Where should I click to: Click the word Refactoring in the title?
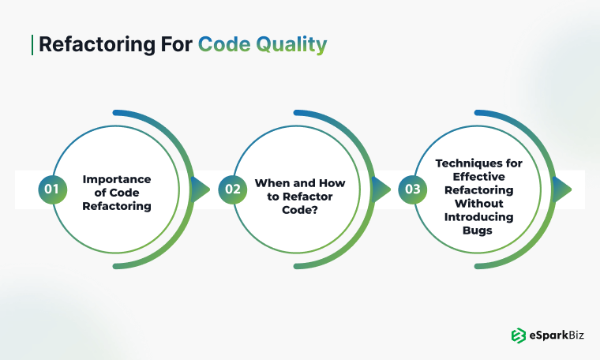[86, 45]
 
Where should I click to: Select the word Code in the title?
[223, 45]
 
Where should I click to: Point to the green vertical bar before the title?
[32, 44]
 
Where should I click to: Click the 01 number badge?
[52, 189]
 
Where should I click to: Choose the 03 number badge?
[412, 189]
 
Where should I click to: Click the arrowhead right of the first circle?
[201, 189]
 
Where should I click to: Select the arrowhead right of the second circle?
[381, 189]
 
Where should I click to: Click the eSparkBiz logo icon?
[519, 336]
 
